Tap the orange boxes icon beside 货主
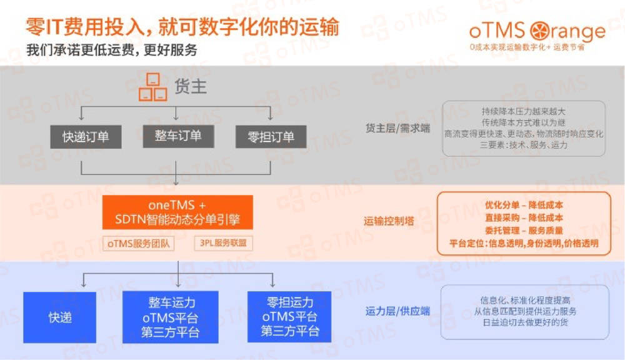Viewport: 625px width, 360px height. pyautogui.click(x=152, y=87)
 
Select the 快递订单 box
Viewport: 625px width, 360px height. pyautogui.click(x=86, y=137)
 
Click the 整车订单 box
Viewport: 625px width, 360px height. pyautogui.click(x=178, y=136)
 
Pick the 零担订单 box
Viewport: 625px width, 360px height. pyautogui.click(x=271, y=137)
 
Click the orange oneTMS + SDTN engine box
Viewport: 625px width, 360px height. pyautogui.click(x=177, y=212)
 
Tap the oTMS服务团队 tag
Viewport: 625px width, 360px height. pyautogui.click(x=138, y=243)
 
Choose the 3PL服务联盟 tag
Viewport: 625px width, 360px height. pyautogui.click(x=223, y=243)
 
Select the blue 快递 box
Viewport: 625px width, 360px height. pyautogui.click(x=60, y=317)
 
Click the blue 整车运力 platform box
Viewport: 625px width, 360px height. pyautogui.click(x=170, y=317)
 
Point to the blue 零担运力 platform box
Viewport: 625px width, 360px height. pyautogui.click(x=289, y=317)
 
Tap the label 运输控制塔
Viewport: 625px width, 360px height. pyautogui.click(x=389, y=221)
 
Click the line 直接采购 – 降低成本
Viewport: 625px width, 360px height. pyautogui.click(x=524, y=217)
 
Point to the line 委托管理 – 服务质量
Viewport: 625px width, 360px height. pyautogui.click(x=524, y=230)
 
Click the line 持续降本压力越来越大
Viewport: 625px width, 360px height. pyautogui.click(x=524, y=111)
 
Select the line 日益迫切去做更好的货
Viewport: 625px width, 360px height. pyautogui.click(x=524, y=322)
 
